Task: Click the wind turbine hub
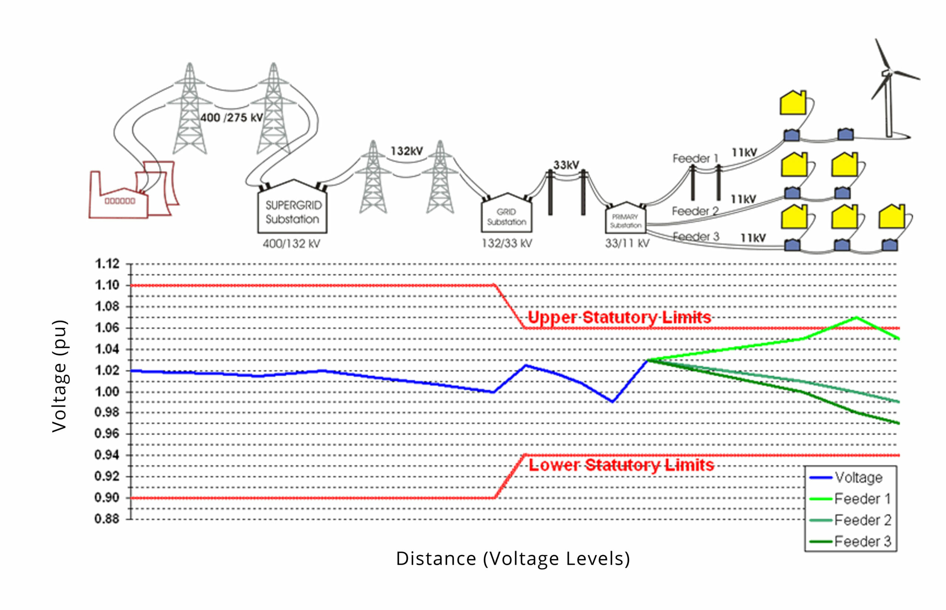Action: click(x=888, y=72)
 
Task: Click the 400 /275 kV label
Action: click(x=231, y=117)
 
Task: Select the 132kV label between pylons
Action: click(x=407, y=151)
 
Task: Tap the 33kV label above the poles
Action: click(x=566, y=165)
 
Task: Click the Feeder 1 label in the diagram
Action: click(x=695, y=159)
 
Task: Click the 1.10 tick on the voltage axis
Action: click(x=107, y=285)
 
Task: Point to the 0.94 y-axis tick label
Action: click(x=107, y=455)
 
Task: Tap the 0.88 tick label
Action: click(x=107, y=518)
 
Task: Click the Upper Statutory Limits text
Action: click(x=620, y=317)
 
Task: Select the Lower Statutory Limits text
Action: click(x=622, y=465)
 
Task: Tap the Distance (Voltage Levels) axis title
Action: click(x=513, y=559)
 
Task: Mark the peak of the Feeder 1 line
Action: click(x=857, y=317)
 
